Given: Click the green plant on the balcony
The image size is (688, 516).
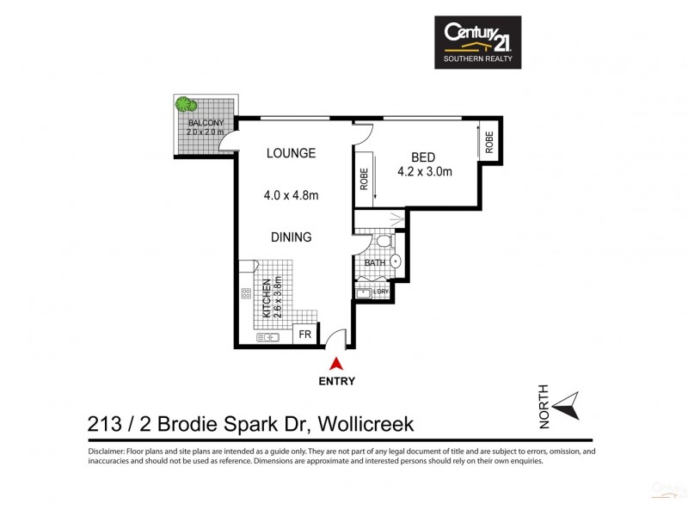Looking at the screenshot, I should pos(185,105).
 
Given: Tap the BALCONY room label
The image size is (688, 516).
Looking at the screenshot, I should pos(206,123).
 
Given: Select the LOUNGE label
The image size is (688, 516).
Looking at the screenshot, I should pos(291,154).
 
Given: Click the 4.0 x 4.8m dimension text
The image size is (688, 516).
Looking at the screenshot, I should pos(291,195).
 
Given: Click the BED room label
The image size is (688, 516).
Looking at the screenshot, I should pos(423,157).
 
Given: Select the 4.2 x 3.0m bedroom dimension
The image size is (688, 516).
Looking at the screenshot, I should pos(424,172).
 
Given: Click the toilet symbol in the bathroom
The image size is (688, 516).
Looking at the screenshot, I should pos(384,241).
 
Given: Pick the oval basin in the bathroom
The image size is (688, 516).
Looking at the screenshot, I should pos(396,261).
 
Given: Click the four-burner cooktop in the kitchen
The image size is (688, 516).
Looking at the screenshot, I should pos(246,293).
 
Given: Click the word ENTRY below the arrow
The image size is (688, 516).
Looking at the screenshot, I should pos(335,381).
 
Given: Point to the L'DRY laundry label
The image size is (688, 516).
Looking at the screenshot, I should pos(381,292).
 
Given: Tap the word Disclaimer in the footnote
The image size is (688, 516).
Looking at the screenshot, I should pos(107,451).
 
